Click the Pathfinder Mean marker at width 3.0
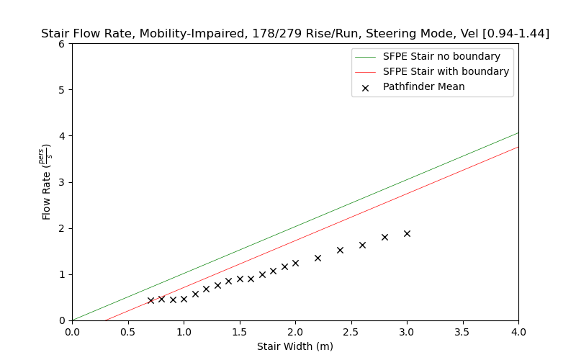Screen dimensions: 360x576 pos(407,233)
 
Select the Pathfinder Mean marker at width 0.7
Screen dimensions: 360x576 pos(150,300)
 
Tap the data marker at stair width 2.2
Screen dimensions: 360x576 pos(318,258)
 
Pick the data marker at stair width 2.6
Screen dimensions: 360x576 pos(362,245)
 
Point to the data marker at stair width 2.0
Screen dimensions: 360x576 pos(295,263)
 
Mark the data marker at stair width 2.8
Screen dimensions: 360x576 pos(384,237)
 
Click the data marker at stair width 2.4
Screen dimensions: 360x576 pos(340,250)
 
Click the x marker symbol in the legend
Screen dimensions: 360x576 pos(365,87)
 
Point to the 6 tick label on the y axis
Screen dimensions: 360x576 pos(62,44)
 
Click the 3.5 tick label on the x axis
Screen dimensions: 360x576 pos(462,333)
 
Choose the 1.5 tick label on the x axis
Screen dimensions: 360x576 pos(239,333)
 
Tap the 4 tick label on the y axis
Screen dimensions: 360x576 pos(62,136)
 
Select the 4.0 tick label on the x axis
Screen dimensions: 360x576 pos(518,333)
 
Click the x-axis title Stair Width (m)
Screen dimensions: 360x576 pos(295,346)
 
